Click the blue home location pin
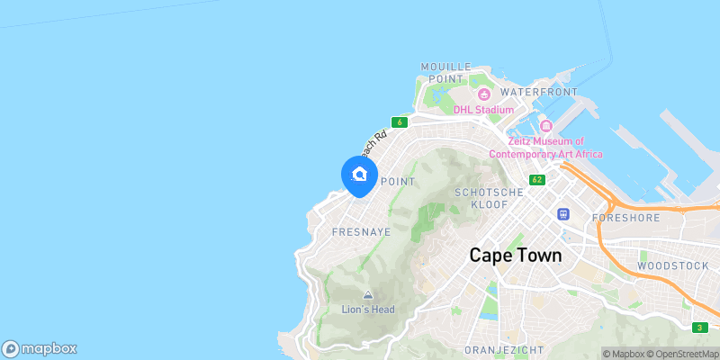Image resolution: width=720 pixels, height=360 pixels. click(x=360, y=175)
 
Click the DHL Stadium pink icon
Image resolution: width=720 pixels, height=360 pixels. click(x=483, y=94)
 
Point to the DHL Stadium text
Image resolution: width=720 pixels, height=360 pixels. click(x=483, y=110)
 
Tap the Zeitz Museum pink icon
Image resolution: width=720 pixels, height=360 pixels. click(x=545, y=125)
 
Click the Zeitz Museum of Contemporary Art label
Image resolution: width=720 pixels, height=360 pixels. click(x=545, y=148)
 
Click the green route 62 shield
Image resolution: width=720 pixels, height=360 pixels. click(x=537, y=180)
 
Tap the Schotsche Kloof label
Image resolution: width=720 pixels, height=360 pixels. click(x=489, y=198)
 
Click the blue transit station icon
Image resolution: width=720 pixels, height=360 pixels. click(x=563, y=214)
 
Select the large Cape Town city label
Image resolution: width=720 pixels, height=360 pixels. click(x=516, y=255)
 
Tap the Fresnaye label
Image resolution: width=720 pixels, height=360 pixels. click(x=336, y=231)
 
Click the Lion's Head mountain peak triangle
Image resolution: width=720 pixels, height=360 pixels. click(x=367, y=295)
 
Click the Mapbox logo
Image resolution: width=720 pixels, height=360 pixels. click(x=40, y=349)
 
